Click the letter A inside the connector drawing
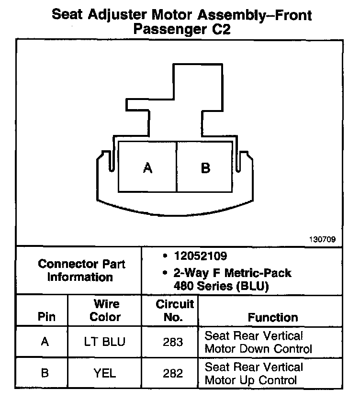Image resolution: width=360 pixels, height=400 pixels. point(148,168)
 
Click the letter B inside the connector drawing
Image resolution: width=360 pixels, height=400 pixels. point(205,168)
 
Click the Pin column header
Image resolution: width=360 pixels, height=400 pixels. point(46,317)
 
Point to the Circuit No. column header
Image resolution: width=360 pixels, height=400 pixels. point(175,310)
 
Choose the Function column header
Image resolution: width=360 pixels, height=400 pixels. point(272,317)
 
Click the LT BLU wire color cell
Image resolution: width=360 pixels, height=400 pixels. point(105,342)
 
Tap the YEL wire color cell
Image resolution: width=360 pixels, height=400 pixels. point(105,373)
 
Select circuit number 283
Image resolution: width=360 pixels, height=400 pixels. point(173,342)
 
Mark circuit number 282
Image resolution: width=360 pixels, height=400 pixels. point(173,373)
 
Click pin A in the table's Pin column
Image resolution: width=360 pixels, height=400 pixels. point(45,342)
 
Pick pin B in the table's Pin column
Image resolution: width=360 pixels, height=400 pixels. point(45,373)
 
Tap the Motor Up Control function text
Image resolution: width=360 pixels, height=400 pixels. point(251,380)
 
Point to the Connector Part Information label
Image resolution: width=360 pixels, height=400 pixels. point(81,270)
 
